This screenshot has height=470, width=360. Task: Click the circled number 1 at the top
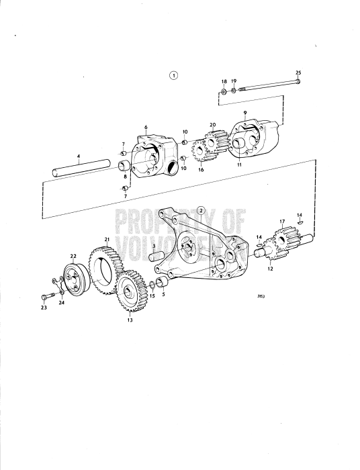pos(174,75)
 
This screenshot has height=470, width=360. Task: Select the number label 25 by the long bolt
pos(298,72)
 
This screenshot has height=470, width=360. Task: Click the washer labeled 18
pos(224,90)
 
